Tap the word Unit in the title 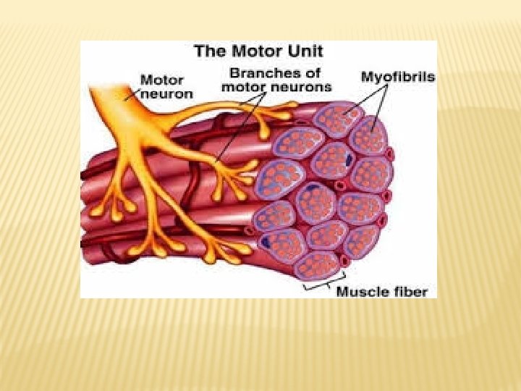tap(305, 51)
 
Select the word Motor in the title tap(255, 51)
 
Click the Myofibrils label tap(397, 75)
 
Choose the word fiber tap(410, 292)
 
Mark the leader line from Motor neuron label tap(131, 94)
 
